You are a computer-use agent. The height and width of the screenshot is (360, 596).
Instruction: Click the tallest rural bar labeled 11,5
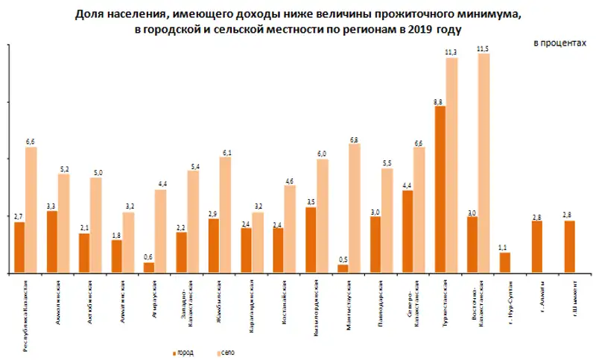(x=484, y=163)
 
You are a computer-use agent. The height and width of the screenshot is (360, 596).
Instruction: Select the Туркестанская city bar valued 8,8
(x=440, y=189)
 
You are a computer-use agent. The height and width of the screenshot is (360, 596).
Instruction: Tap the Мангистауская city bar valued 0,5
(x=343, y=268)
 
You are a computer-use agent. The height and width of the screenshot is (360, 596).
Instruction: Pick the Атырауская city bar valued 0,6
(x=149, y=268)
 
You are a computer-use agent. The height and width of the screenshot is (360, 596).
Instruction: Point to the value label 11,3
(x=451, y=51)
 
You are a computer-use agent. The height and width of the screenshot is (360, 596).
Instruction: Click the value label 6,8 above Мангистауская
(x=354, y=139)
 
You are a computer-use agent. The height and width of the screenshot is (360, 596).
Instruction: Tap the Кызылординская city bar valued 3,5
(x=311, y=240)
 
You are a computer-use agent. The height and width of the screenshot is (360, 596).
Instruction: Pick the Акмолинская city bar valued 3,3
(x=52, y=242)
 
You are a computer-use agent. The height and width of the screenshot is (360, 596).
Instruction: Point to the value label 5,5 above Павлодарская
(x=386, y=162)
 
